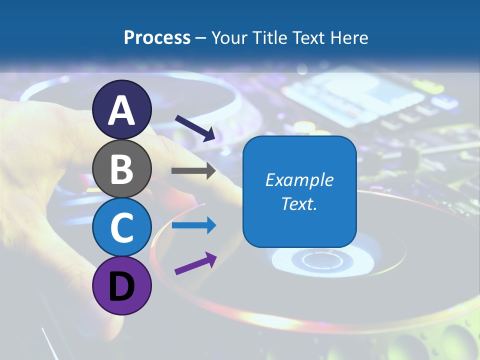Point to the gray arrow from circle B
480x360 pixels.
[193, 171]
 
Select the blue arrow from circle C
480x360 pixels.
[193, 225]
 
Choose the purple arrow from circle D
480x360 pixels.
[195, 263]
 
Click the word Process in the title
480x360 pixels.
[157, 37]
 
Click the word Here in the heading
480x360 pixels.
[349, 37]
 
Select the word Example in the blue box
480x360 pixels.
[299, 180]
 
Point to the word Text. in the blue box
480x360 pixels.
[299, 203]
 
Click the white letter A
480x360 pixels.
[122, 111]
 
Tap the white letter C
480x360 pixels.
[122, 228]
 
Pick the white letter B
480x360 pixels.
[122, 169]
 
